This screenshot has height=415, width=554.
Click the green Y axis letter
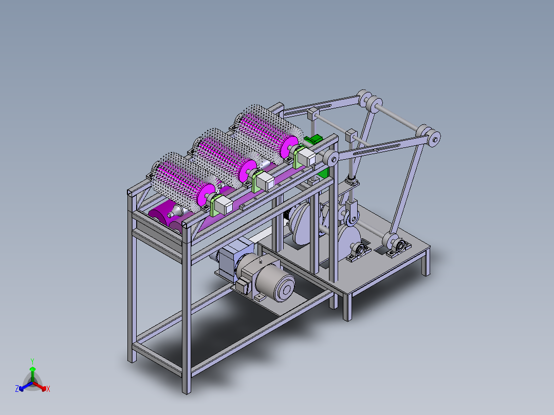(x=32, y=361)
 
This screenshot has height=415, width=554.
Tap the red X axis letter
(x=48, y=389)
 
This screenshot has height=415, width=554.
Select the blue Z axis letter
(x=17, y=389)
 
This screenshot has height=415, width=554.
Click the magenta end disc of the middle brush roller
(x=248, y=170)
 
